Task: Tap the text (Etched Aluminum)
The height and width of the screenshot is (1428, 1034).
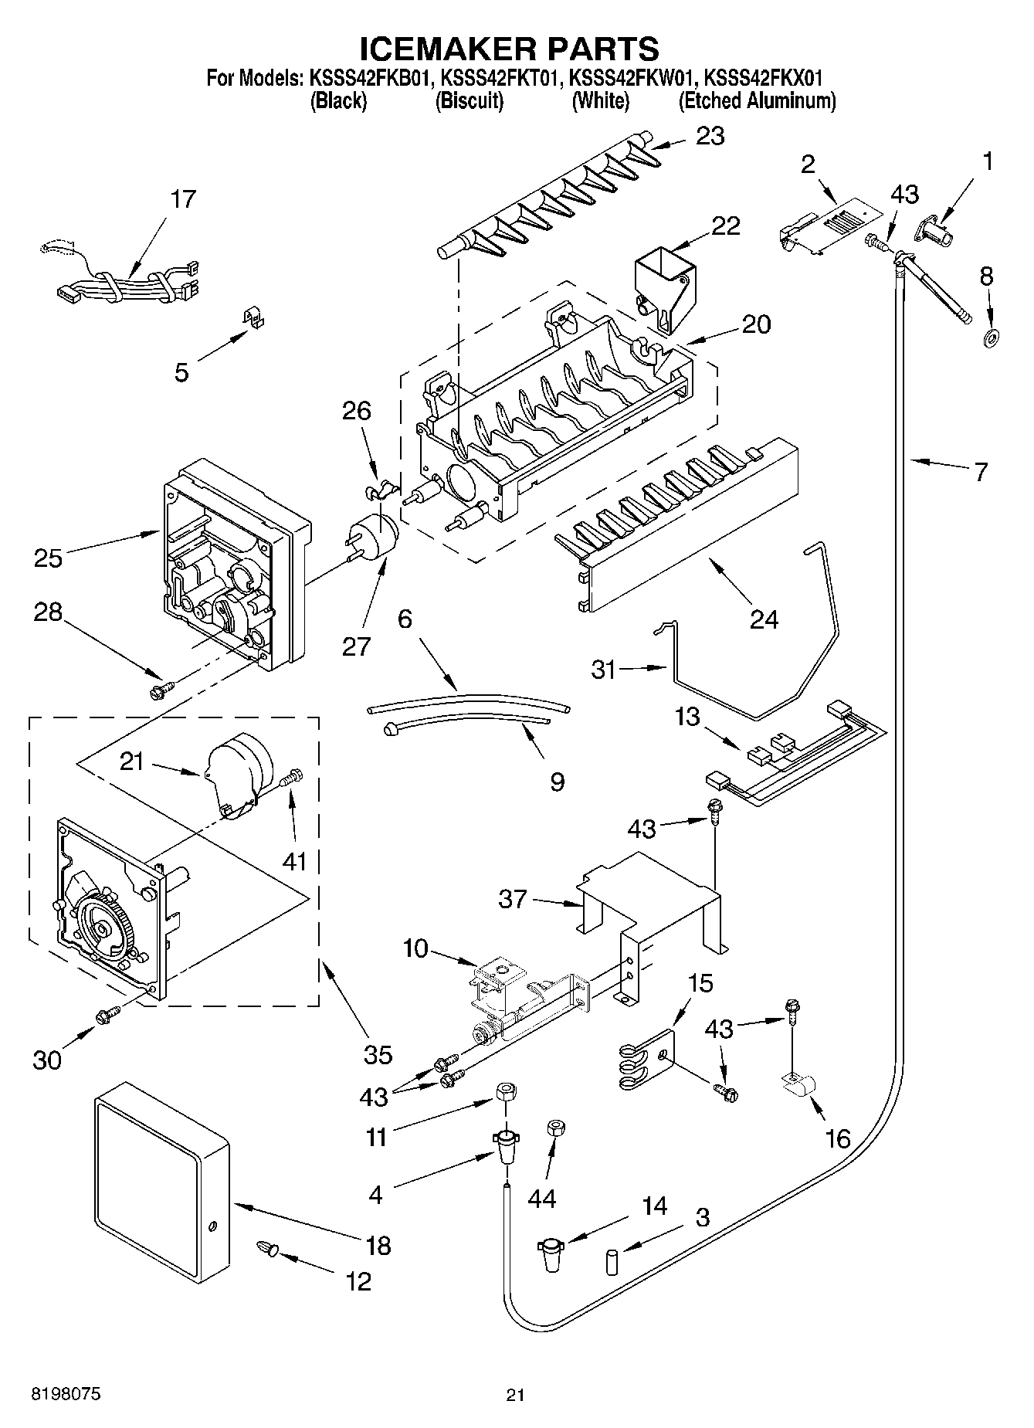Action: point(757,101)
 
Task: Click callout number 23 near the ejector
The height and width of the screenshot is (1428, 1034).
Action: point(710,136)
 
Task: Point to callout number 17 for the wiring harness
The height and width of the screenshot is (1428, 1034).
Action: point(183,199)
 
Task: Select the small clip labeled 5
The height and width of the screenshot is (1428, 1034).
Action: point(251,317)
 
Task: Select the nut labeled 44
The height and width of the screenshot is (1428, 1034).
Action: point(554,1128)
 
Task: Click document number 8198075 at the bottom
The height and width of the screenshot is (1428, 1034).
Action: point(65,1394)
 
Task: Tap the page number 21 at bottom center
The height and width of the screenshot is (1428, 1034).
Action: point(515,1395)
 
